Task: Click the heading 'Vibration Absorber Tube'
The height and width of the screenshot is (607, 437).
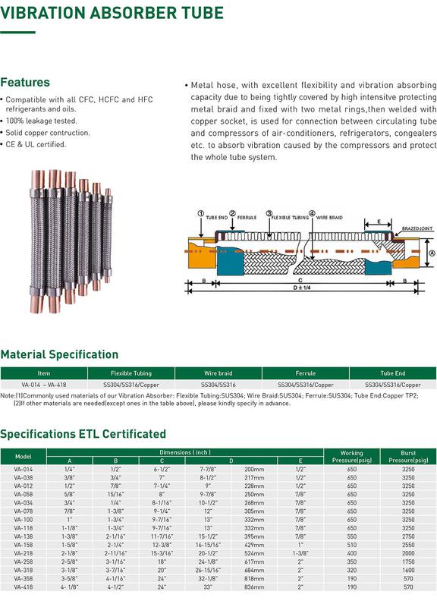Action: [112, 12]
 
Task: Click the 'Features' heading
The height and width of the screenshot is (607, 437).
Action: [25, 82]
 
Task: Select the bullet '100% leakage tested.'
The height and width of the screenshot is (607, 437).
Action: [41, 121]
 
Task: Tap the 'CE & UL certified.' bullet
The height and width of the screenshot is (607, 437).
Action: [36, 144]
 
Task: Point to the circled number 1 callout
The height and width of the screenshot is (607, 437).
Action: [200, 214]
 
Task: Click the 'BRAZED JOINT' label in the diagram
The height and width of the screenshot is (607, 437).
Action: [417, 228]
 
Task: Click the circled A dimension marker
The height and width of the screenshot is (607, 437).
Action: [432, 253]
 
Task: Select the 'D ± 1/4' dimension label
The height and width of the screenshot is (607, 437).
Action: [302, 288]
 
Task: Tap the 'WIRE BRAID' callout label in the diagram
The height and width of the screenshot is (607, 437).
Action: [329, 218]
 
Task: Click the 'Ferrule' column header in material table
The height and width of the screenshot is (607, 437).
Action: [306, 373]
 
